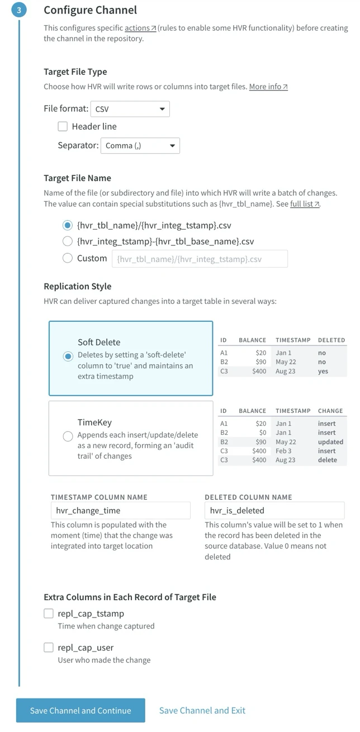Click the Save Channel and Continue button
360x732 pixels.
point(80,710)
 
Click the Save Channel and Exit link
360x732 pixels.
point(202,710)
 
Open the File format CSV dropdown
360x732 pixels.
point(130,109)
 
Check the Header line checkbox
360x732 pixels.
point(63,126)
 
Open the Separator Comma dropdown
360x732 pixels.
point(140,146)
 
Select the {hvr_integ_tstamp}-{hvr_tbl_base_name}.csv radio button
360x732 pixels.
point(68,241)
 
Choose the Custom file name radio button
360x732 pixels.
point(68,258)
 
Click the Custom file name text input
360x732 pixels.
point(200,259)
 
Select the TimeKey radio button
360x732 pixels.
point(68,436)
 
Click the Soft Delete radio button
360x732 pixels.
point(68,356)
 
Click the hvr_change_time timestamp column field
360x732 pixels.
point(120,510)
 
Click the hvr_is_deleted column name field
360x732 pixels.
point(274,510)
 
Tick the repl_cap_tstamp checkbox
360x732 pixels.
point(49,614)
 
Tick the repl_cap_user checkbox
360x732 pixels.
point(49,648)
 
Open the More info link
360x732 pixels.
point(268,87)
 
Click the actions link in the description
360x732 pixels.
point(140,28)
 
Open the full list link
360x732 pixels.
point(305,204)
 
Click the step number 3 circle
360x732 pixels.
point(19,10)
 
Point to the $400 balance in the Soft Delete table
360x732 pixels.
point(259,371)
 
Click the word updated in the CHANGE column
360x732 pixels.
point(330,442)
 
